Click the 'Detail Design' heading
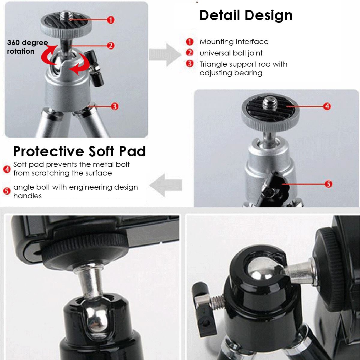[x=246, y=15]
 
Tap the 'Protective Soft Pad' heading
[x=79, y=151]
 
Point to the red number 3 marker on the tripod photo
[x=115, y=106]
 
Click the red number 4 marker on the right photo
[x=327, y=106]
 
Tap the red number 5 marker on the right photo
[x=328, y=184]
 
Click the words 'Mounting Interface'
[x=234, y=42]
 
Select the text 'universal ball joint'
[x=231, y=53]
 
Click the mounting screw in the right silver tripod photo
[x=268, y=103]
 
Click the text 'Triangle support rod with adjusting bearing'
[x=243, y=68]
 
